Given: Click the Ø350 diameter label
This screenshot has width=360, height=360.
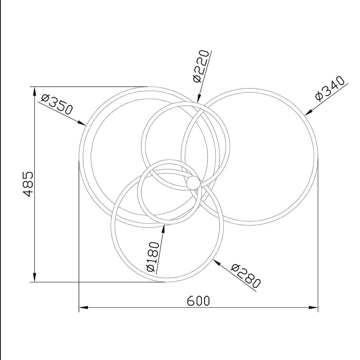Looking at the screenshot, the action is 57,105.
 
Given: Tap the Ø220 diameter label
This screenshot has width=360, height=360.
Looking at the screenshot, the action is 201,66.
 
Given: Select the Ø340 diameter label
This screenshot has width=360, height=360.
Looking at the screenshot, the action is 330,89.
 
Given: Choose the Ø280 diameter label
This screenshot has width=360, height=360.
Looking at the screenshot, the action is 245,276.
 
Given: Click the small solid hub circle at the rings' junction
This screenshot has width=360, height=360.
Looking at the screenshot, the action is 193,183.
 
